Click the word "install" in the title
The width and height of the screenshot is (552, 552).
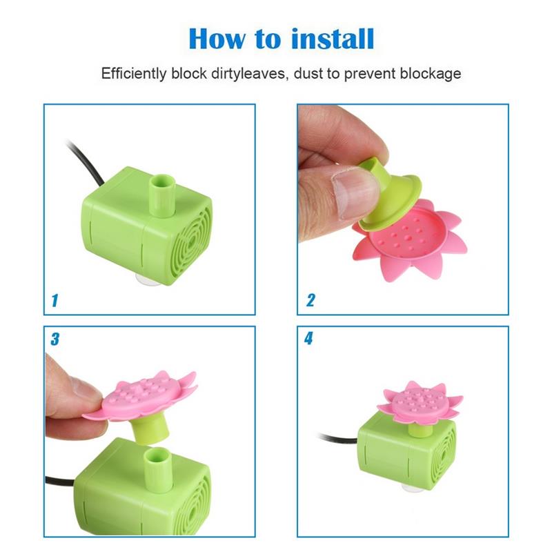coord(333,39)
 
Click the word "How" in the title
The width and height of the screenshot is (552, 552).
coord(217,39)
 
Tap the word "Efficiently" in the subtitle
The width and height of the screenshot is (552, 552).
coord(134,74)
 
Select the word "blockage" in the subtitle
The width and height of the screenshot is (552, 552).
coord(431,74)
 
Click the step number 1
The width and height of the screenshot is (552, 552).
coord(55,301)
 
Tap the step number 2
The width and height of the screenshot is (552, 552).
coord(310,300)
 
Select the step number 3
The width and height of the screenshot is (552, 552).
coord(55,339)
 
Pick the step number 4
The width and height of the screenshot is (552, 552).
coord(308,338)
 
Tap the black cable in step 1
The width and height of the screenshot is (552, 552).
coord(86,163)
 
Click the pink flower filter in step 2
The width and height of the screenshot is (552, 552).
coord(411,240)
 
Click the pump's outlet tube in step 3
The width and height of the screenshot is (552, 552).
coord(159,469)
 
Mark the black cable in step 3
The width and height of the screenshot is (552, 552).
coord(60,480)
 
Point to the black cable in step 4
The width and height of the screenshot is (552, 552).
coord(338,438)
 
